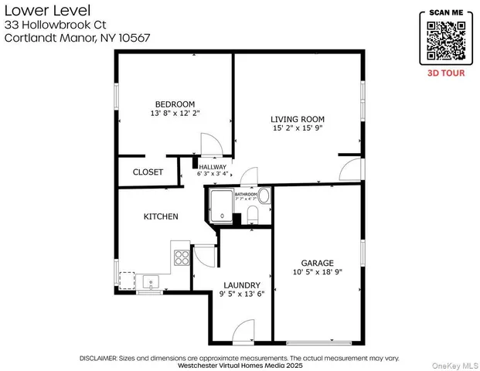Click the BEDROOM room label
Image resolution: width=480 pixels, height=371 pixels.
click(x=175, y=104)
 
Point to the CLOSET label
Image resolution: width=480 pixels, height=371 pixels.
click(x=148, y=172)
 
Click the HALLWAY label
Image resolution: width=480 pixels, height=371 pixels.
click(x=213, y=167)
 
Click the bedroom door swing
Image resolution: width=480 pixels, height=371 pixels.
click(x=210, y=145)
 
